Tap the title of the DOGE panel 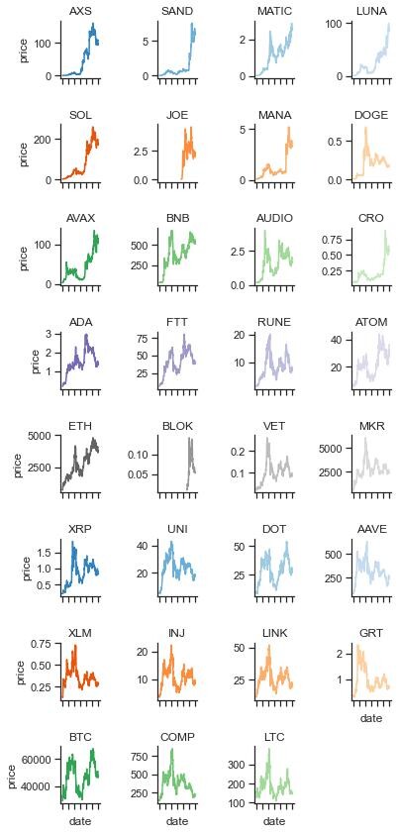(x=371, y=115)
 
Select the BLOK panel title (x=177, y=426)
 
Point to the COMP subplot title (x=177, y=737)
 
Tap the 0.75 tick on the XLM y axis (x=47, y=644)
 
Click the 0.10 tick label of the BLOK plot (x=142, y=455)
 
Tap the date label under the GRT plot (x=371, y=718)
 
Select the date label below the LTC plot (x=274, y=822)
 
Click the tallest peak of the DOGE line (x=365, y=128)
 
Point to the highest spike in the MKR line (x=365, y=439)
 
